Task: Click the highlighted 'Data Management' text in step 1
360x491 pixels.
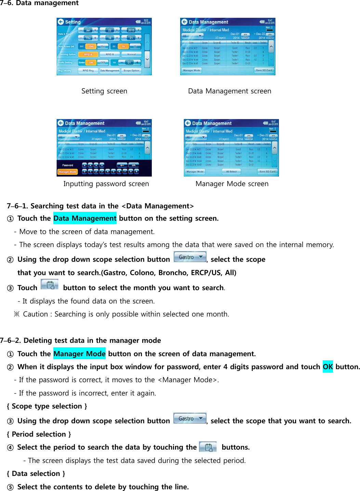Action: coord(85,218)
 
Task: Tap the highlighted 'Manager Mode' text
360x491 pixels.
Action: coord(79,354)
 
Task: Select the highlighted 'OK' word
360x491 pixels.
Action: coord(328,367)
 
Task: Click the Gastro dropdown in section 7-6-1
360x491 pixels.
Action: coord(190,257)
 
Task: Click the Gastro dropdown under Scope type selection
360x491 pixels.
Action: coord(189,418)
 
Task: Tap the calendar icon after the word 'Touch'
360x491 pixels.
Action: coord(50,285)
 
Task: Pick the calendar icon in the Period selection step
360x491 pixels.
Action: coord(208,447)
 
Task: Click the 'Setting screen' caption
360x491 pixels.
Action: coord(104,91)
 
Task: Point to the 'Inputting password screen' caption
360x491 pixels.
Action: coord(106,184)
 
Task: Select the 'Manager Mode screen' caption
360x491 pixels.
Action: coord(232,184)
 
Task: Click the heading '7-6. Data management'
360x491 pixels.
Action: coord(39,3)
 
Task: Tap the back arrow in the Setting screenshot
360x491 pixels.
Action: coord(61,22)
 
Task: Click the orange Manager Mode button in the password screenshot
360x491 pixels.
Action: coord(67,172)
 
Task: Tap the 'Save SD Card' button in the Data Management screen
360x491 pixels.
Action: coord(264,70)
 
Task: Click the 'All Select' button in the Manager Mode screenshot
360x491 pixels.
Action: coord(231,171)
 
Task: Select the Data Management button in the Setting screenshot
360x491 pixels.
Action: coord(109,71)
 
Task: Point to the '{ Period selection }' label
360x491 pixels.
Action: coord(39,434)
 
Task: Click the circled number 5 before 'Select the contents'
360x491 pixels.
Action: coord(10,487)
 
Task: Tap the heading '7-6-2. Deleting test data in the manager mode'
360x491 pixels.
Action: coord(80,340)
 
